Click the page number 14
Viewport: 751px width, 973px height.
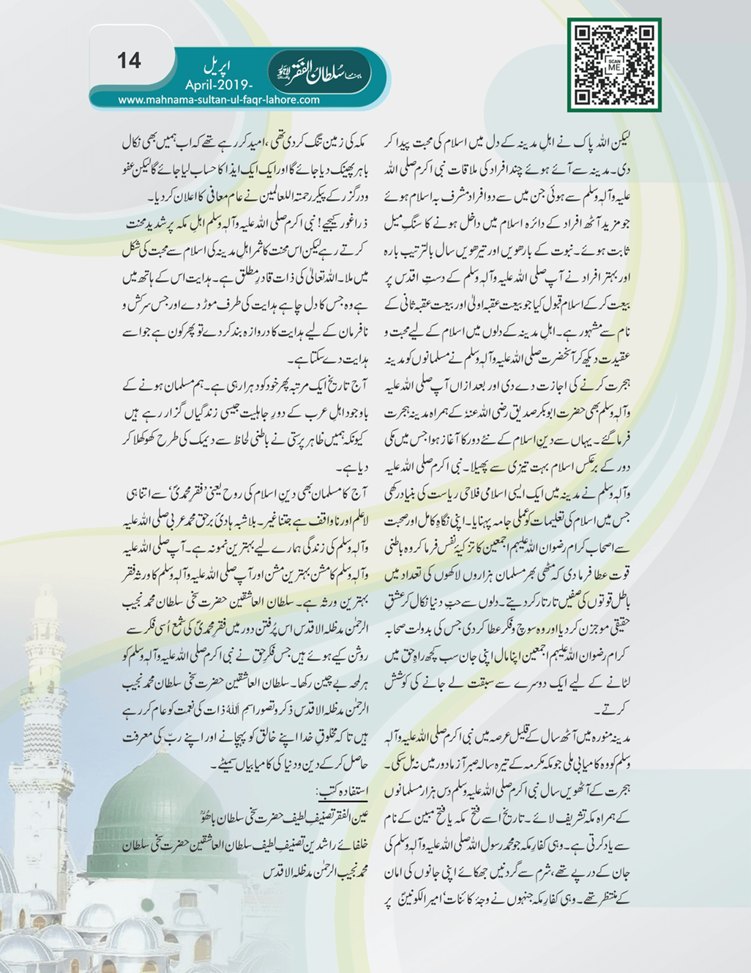[129, 60]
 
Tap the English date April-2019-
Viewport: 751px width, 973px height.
[218, 84]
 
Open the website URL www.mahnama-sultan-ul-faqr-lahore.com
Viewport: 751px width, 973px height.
[218, 100]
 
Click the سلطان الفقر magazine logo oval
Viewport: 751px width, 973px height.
[320, 73]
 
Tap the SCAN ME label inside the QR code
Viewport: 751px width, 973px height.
[613, 65]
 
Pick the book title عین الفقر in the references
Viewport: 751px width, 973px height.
[348, 815]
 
